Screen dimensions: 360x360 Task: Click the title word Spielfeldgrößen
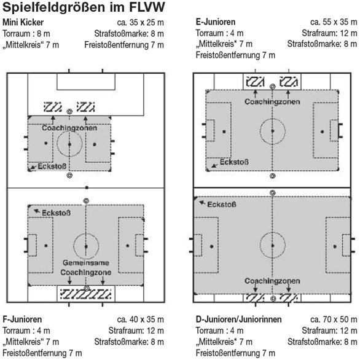pos(53,7)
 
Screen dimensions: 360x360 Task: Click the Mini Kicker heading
pos(23,23)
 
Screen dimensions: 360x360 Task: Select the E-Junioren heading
pos(216,22)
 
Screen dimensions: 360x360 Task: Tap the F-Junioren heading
pos(22,319)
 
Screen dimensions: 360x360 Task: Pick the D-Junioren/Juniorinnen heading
pos(239,319)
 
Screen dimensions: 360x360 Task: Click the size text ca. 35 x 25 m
pos(140,23)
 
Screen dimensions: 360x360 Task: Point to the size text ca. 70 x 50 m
pos(334,319)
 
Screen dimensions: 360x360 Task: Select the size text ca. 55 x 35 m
pos(334,22)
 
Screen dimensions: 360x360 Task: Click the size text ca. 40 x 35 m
pos(140,319)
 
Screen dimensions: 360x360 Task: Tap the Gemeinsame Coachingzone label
pos(86,267)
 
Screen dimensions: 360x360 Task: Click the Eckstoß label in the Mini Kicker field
pos(52,166)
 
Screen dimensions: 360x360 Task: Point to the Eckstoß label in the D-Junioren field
pos(222,205)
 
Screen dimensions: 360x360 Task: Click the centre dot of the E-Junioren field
pos(273,131)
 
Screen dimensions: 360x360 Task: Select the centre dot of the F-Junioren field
pos(86,246)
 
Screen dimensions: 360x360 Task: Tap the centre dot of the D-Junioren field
pos(273,246)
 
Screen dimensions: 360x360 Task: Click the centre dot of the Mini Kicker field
pos(69,144)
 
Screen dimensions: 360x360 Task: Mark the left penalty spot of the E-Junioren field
pos(224,131)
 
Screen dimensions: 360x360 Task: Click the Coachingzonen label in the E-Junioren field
pos(272,102)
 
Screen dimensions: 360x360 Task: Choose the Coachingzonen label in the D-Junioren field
pos(272,281)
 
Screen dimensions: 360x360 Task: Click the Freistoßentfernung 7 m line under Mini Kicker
pos(124,45)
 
